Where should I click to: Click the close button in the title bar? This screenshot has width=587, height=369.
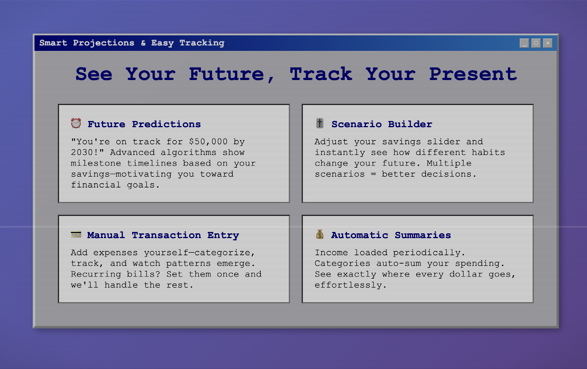[x=548, y=43]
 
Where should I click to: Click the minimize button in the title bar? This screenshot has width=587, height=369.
[x=524, y=43]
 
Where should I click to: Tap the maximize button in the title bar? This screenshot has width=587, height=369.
[x=536, y=43]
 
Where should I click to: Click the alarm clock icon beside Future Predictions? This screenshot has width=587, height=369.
[x=76, y=123]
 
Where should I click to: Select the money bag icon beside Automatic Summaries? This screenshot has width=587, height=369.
[x=320, y=234]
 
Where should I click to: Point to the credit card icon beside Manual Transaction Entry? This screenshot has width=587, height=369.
[x=76, y=234]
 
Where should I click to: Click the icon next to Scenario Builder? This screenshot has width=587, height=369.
[x=320, y=123]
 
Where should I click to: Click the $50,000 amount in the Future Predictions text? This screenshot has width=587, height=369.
[x=208, y=142]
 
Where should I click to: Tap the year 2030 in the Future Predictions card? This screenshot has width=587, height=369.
[x=82, y=152]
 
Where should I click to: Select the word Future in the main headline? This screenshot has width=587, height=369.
[x=227, y=74]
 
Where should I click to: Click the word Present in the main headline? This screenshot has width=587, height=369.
[x=473, y=74]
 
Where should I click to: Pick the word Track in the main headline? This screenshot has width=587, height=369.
[x=321, y=74]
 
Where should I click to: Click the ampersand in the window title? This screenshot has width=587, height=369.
[x=143, y=43]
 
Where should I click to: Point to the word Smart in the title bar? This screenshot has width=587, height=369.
[x=53, y=43]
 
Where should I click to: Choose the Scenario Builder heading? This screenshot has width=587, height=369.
[x=382, y=124]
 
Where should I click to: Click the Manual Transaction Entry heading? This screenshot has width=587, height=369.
[x=163, y=235]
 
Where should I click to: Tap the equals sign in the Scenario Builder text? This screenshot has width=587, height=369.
[x=373, y=174]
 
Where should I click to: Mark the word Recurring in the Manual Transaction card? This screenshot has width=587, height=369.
[x=96, y=274]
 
